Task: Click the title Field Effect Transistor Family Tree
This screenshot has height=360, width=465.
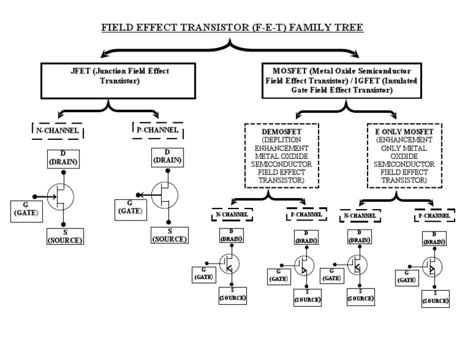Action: click(x=232, y=28)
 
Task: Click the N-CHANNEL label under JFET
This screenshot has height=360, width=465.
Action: click(x=59, y=131)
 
